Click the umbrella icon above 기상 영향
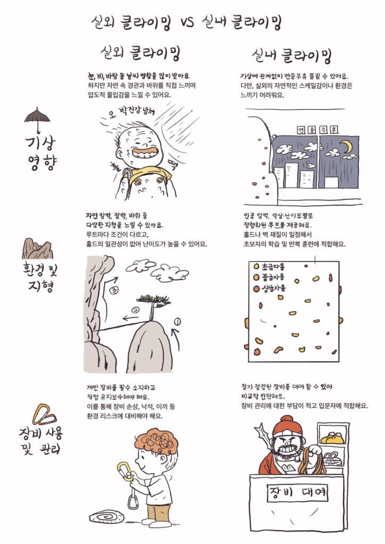[37, 119]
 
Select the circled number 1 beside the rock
[177, 322]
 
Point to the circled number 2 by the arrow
[136, 309]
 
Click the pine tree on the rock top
[153, 305]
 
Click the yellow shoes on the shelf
[332, 438]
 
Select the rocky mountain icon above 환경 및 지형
[37, 249]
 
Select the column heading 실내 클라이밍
[291, 56]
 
